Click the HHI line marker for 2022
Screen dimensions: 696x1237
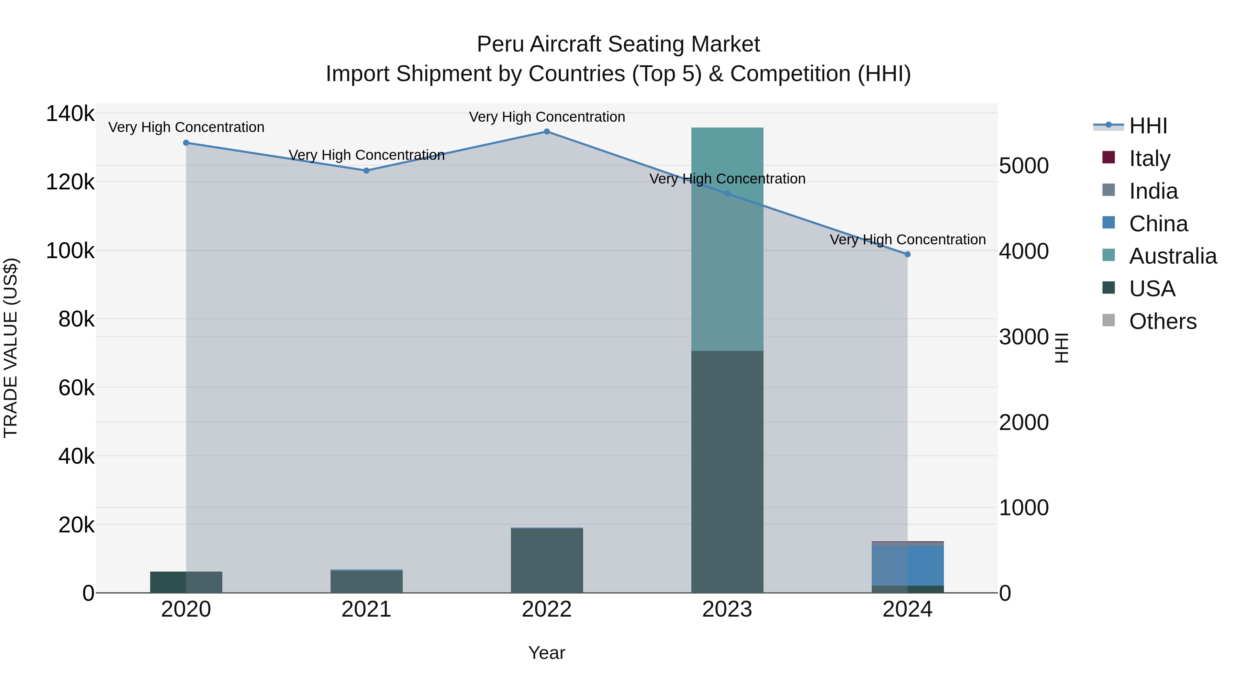[546, 132]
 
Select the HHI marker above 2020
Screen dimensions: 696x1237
[186, 143]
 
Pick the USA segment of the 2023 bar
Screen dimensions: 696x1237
[727, 471]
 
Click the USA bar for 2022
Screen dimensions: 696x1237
[546, 561]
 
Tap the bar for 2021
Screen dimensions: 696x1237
[366, 581]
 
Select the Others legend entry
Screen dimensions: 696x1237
[1162, 321]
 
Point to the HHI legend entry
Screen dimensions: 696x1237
[1148, 126]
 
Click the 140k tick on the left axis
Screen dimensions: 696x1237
[70, 114]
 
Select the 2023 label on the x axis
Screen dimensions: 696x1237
[727, 609]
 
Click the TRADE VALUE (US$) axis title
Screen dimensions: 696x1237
[11, 348]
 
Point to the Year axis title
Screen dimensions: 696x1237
[546, 653]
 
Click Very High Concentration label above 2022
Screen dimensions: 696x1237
[546, 117]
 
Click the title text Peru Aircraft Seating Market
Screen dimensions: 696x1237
[618, 44]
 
